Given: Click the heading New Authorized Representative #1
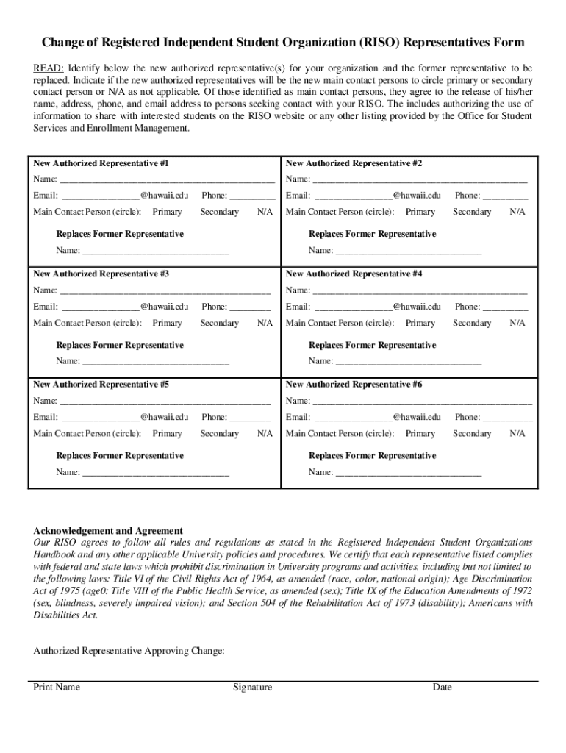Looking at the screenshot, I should pyautogui.click(x=101, y=163).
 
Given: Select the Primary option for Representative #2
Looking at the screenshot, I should pyautogui.click(x=420, y=212).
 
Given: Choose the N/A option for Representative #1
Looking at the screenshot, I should pyautogui.click(x=265, y=212).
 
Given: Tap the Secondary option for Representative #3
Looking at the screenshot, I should pyautogui.click(x=219, y=323).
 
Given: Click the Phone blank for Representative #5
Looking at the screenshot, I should pyautogui.click(x=250, y=418).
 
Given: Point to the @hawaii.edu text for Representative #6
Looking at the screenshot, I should pyautogui.click(x=416, y=417).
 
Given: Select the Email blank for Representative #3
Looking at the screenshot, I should pyautogui.click(x=101, y=307).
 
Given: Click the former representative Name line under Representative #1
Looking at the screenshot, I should pyautogui.click(x=155, y=251).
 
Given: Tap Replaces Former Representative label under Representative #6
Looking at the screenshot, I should pyautogui.click(x=372, y=456).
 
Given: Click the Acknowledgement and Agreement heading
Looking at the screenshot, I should pyautogui.click(x=108, y=530).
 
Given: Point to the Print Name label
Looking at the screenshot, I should pyautogui.click(x=57, y=688).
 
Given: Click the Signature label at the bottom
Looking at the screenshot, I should pyautogui.click(x=252, y=688).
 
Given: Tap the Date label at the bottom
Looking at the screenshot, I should pyautogui.click(x=442, y=688).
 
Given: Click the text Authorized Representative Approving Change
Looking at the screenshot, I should pyautogui.click(x=129, y=651).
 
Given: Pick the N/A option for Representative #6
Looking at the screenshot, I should pyautogui.click(x=517, y=434).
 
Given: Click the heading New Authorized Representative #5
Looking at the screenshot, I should pyautogui.click(x=101, y=384).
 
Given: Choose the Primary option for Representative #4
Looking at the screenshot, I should pyautogui.click(x=420, y=323).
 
